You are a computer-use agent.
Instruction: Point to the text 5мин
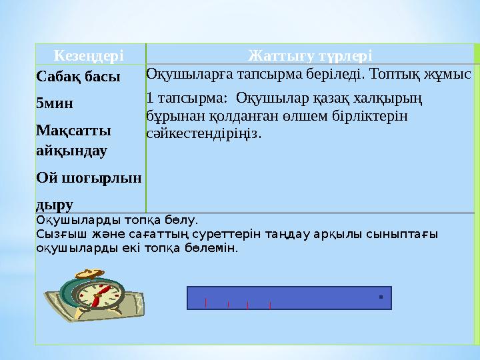pos(55,103)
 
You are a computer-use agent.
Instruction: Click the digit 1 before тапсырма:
pos(149,98)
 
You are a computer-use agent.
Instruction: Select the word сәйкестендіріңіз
pos(204,133)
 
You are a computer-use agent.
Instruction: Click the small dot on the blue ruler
pos(380,297)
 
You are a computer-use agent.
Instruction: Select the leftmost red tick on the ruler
pos(205,303)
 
